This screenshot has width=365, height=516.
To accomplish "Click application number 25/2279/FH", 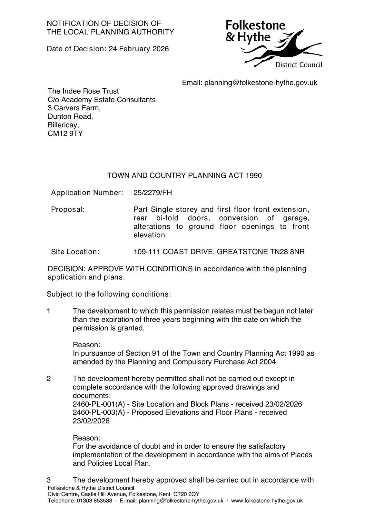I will tap(153, 193).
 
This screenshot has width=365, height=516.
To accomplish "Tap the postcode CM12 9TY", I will tap(65, 134).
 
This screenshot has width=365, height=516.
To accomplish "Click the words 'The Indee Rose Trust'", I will tap(83, 91).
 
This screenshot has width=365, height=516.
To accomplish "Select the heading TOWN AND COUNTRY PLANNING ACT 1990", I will tap(184, 176).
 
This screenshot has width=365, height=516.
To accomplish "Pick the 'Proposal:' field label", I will tap(68, 210).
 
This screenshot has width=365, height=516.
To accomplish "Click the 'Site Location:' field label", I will tap(75, 252).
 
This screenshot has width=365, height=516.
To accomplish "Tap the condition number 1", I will tap(49, 311).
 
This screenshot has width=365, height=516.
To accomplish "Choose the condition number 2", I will tap(49, 379).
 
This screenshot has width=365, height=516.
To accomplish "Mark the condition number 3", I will tap(49, 480).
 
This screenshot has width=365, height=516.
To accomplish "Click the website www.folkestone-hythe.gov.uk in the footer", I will tap(267, 501).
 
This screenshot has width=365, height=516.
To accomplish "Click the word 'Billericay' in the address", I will tap(63, 125).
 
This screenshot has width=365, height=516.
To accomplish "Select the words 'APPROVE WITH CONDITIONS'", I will tap(140, 269).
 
